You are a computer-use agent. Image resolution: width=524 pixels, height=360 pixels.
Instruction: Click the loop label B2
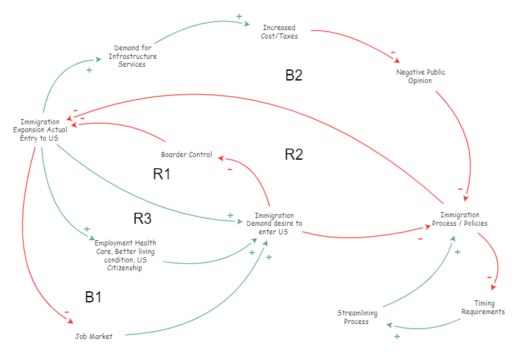(293, 75)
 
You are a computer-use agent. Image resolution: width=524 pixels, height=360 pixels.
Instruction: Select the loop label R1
(161, 174)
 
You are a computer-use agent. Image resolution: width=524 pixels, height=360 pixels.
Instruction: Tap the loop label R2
(293, 154)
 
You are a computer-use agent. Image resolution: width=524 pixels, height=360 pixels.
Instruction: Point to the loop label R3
(143, 218)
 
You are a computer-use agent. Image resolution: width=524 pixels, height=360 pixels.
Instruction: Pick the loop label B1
(94, 297)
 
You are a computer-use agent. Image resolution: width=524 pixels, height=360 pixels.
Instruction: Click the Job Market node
(93, 336)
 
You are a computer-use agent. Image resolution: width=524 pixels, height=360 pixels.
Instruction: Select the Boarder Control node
(187, 155)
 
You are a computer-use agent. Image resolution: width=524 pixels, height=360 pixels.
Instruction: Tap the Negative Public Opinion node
(421, 77)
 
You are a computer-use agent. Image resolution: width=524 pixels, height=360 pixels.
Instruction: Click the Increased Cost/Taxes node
(279, 32)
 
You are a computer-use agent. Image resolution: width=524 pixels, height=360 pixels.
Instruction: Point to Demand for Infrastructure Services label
(136, 56)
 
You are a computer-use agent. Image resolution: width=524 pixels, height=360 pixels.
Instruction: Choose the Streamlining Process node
(356, 317)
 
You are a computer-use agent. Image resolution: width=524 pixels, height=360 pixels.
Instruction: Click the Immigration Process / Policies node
(459, 219)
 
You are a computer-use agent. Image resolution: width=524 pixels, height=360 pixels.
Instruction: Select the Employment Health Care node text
(125, 255)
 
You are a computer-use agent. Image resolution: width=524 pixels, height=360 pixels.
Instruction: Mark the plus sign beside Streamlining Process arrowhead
(396, 336)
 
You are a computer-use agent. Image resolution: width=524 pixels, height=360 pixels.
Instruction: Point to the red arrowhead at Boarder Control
(221, 157)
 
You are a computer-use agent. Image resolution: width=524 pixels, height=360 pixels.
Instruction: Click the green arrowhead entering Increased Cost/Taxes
(247, 25)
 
